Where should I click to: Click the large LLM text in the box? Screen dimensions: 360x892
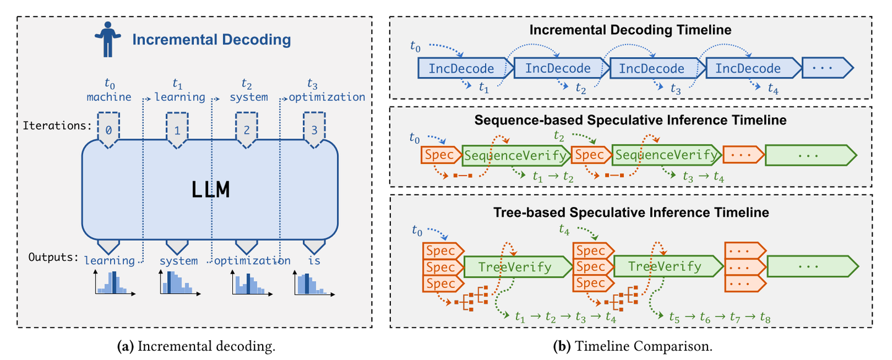(210, 189)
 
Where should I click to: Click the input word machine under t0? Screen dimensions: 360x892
(109, 97)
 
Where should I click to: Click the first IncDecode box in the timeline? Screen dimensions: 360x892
(461, 68)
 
